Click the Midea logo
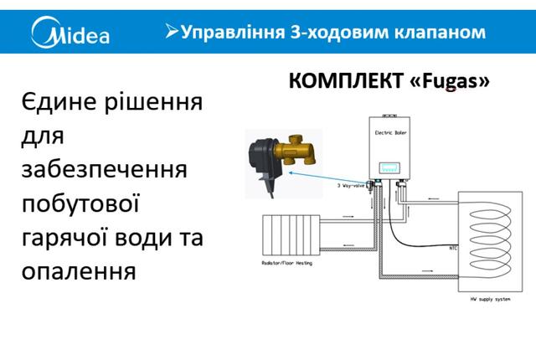point(70,33)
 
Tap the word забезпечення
point(102,171)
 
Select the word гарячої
point(64,238)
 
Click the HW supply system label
point(490,297)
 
